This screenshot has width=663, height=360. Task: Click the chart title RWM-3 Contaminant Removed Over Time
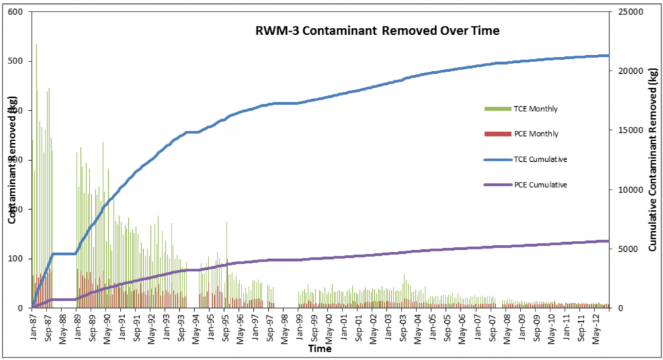376,30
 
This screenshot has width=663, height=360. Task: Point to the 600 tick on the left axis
16,12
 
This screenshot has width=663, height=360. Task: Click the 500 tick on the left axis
16,62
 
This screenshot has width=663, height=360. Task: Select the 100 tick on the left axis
16,259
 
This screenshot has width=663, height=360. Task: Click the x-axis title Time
320,349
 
